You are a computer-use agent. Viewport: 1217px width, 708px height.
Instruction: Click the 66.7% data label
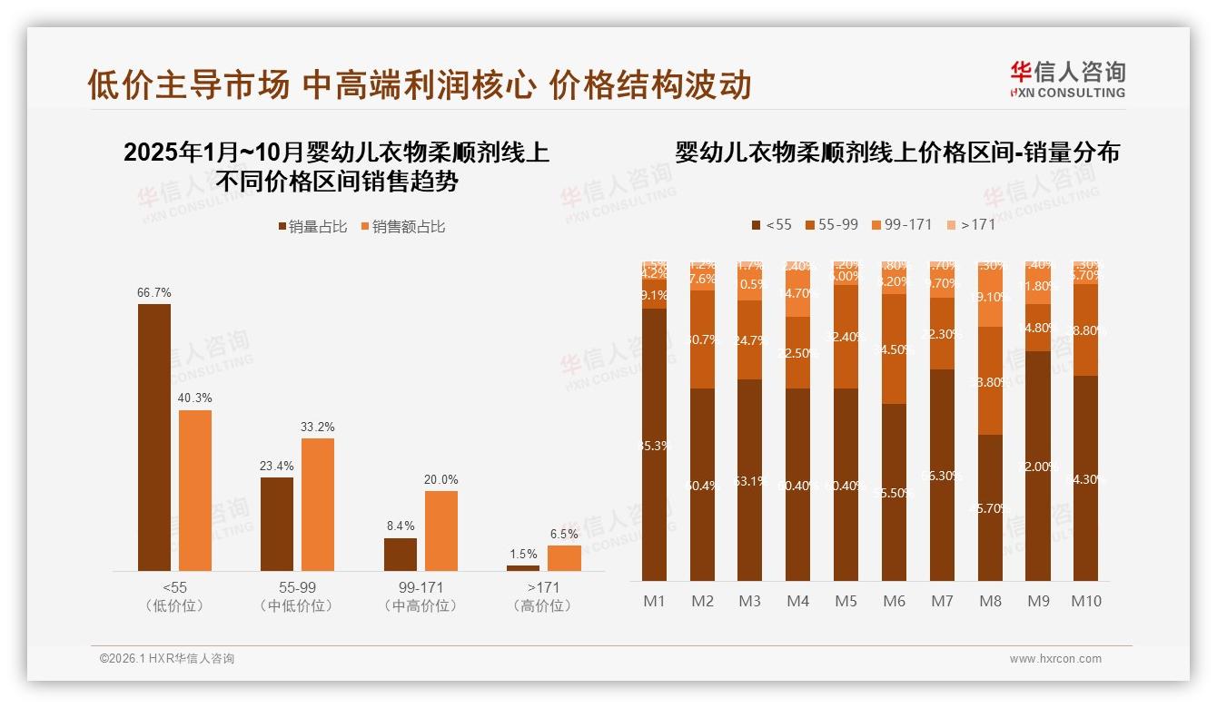[154, 293]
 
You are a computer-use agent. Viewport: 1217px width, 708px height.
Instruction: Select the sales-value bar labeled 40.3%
[195, 490]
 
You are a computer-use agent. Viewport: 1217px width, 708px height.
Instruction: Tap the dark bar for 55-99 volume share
[277, 524]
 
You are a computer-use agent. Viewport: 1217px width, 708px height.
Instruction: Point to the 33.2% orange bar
[318, 505]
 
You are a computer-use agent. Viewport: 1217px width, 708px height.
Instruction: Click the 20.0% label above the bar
[441, 479]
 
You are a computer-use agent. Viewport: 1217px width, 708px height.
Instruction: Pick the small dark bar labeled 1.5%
[523, 568]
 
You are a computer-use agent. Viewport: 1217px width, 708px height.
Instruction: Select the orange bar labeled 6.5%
[564, 557]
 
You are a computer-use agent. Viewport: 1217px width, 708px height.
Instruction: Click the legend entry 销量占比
[312, 227]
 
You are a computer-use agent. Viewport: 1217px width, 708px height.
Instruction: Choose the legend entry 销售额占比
[403, 227]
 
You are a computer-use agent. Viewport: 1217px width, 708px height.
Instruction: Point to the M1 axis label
[654, 601]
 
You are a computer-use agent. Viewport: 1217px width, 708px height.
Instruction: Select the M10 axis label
[1085, 601]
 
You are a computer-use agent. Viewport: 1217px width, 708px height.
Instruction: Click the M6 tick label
[894, 601]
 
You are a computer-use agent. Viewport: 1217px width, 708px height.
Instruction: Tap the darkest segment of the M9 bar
[1038, 466]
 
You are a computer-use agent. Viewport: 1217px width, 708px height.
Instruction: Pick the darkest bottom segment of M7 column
[942, 475]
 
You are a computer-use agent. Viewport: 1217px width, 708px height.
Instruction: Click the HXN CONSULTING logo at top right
[1067, 80]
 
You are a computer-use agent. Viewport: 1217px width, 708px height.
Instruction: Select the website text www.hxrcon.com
[1055, 659]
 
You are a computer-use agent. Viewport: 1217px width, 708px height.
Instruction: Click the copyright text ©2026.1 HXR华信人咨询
[167, 659]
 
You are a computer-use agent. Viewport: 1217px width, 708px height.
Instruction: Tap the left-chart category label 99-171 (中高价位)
[421, 596]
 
